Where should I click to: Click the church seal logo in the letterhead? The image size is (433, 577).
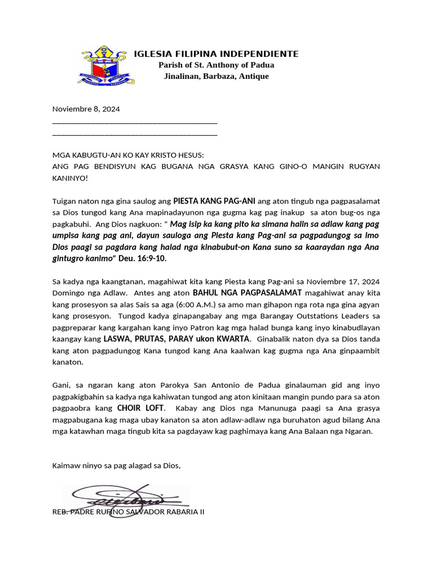pyautogui.click(x=103, y=66)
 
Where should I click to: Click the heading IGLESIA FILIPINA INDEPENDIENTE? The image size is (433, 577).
pyautogui.click(x=216, y=54)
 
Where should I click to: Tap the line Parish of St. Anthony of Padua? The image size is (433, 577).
pyautogui.click(x=216, y=65)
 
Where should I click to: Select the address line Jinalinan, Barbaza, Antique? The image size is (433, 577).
pyautogui.click(x=216, y=76)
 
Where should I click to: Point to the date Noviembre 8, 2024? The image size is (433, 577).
pyautogui.click(x=86, y=109)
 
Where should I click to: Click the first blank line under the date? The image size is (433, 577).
pyautogui.click(x=134, y=122)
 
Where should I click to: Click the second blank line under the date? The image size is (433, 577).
pyautogui.click(x=134, y=135)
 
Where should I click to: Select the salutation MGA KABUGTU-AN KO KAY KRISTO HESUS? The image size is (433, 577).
pyautogui.click(x=128, y=155)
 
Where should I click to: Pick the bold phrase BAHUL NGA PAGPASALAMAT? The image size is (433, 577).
pyautogui.click(x=248, y=292)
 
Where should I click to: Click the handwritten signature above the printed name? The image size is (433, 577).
pyautogui.click(x=127, y=499)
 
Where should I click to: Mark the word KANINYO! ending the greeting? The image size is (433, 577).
pyautogui.click(x=70, y=178)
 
